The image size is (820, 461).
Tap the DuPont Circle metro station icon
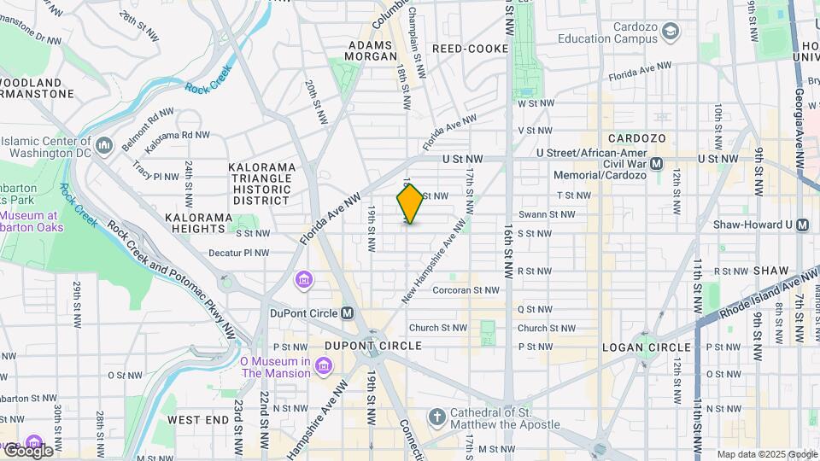[347, 312]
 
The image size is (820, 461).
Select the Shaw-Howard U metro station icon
[802, 225]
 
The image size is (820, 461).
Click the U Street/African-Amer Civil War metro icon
[657, 163]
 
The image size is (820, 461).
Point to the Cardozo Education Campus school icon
[671, 32]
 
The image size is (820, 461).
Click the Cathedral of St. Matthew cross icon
[437, 417]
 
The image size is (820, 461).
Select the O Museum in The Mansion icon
[324, 366]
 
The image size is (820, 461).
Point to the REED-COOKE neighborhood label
[470, 50]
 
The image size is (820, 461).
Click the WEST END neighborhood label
[198, 420]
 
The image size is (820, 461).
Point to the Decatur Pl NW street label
[239, 253]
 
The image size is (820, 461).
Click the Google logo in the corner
[28, 451]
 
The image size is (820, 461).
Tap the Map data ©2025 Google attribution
[767, 454]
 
